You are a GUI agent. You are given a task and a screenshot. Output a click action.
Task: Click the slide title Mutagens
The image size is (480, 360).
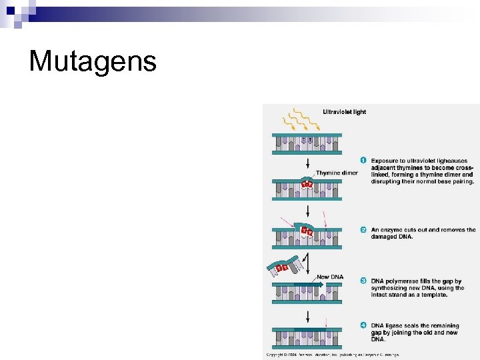pos(93,61)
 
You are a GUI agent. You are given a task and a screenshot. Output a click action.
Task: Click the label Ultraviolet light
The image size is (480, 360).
pos(344,112)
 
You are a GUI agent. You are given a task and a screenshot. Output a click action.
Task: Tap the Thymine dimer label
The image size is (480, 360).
pos(337,173)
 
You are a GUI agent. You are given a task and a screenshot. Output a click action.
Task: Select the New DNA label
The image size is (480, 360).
pos(331,277)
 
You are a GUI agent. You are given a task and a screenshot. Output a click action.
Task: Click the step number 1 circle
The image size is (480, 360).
pos(363,160)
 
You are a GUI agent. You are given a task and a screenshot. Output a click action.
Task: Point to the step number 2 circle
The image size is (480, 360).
pos(363,230)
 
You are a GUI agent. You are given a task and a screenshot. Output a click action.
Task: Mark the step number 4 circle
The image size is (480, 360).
pos(363,325)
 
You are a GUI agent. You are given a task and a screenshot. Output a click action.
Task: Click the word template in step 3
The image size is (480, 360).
pos(433,295)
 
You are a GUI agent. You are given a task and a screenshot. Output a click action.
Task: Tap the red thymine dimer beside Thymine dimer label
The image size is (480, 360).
pos(307,183)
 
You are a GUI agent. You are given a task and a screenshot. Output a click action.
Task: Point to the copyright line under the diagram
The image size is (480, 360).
pos(333,354)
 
